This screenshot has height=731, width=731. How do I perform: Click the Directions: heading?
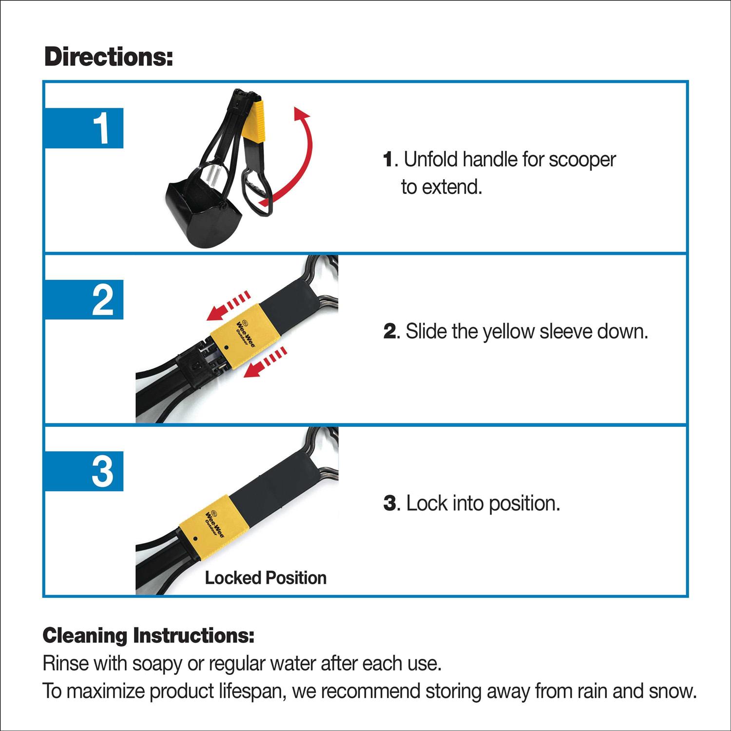tap(108, 58)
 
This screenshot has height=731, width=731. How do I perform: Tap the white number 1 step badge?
tap(101, 129)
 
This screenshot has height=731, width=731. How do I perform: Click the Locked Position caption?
tap(266, 578)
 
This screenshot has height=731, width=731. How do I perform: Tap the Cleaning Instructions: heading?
tap(149, 635)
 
